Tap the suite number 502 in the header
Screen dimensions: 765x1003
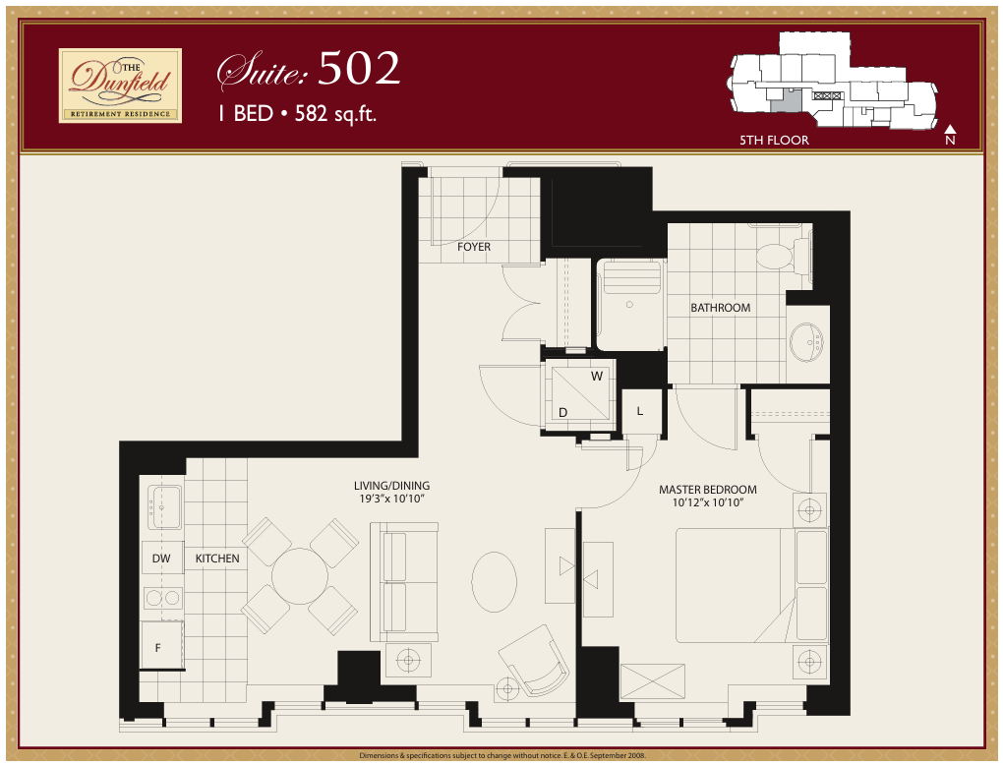pyautogui.click(x=359, y=69)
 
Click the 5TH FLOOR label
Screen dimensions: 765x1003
pyautogui.click(x=774, y=141)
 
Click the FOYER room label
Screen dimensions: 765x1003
pyautogui.click(x=473, y=247)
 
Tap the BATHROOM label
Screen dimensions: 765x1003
pyautogui.click(x=720, y=308)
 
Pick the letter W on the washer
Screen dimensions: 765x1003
pyautogui.click(x=596, y=377)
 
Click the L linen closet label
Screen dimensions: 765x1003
pyautogui.click(x=639, y=411)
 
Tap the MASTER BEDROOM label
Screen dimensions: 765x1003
pyautogui.click(x=707, y=490)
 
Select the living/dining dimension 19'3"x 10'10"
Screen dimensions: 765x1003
pyautogui.click(x=391, y=500)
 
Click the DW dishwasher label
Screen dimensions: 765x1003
pyautogui.click(x=161, y=559)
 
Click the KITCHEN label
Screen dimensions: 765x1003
pyautogui.click(x=216, y=559)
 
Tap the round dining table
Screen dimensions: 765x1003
pyautogui.click(x=299, y=576)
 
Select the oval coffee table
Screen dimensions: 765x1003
pyautogui.click(x=494, y=581)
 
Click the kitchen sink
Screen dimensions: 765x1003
pyautogui.click(x=162, y=506)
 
